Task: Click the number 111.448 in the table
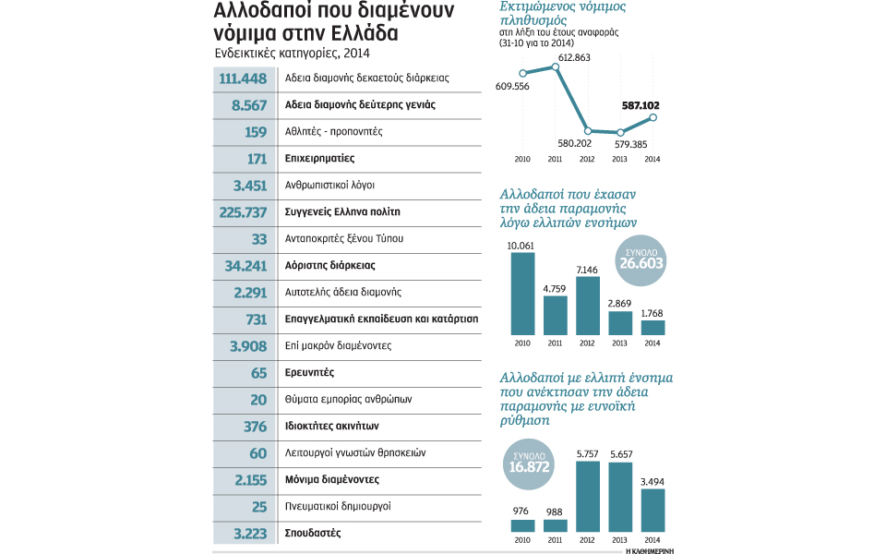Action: [243, 78]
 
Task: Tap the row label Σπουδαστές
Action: [313, 534]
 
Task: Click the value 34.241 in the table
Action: [244, 266]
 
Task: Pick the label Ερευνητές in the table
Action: [309, 373]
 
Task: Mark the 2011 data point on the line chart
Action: [556, 66]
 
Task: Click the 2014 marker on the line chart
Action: [653, 117]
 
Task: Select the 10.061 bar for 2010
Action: [522, 293]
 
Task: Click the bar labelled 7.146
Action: [588, 306]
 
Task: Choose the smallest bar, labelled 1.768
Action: [653, 327]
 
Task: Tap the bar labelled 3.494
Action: [653, 511]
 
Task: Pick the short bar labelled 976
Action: [522, 526]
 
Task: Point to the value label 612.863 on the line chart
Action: [581, 57]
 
